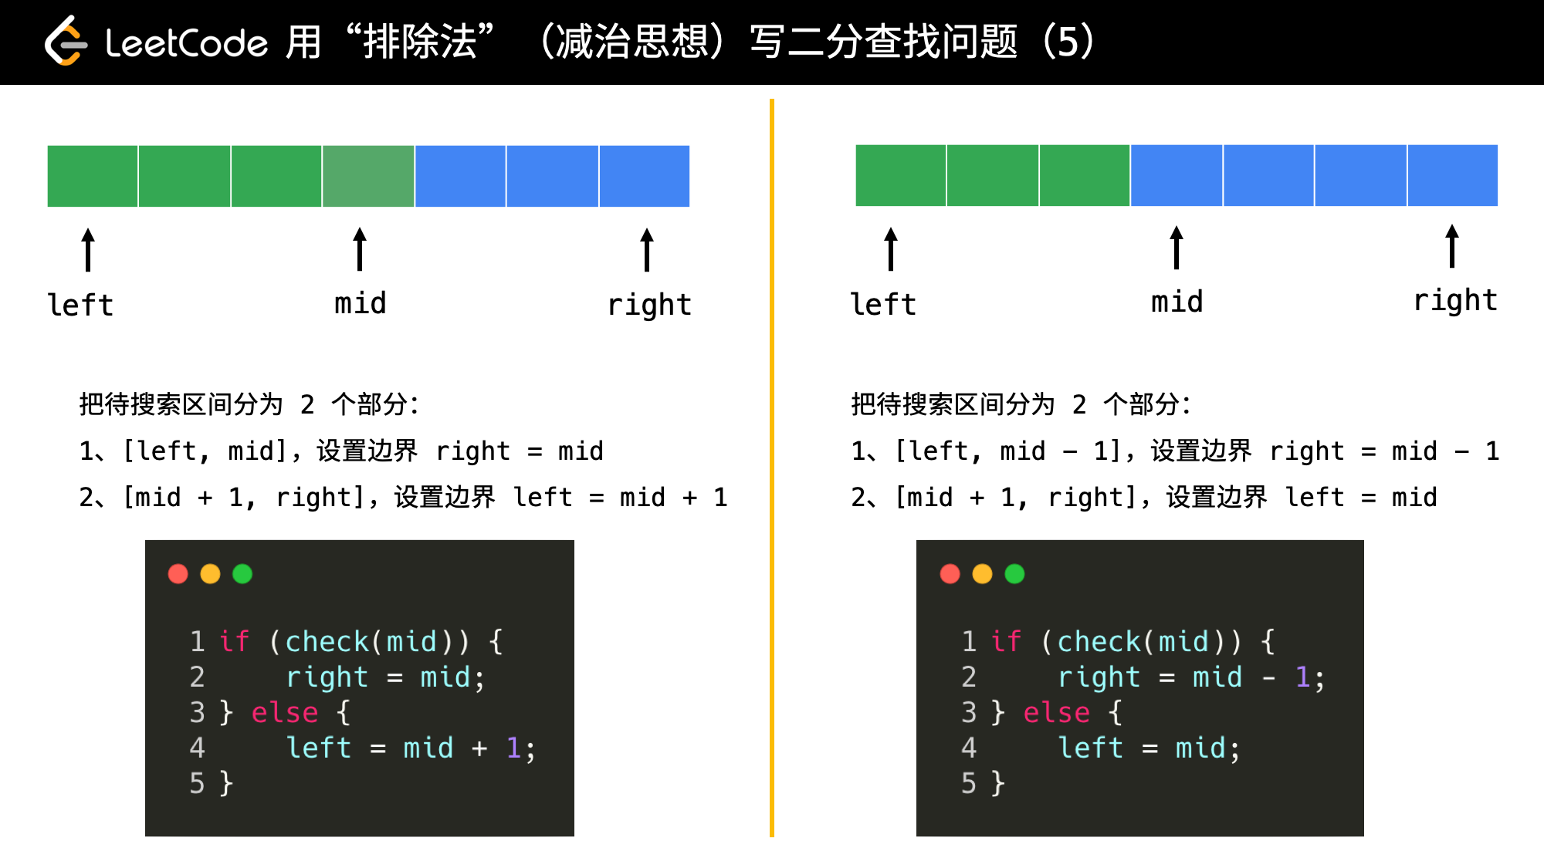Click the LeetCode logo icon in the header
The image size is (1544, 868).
[66, 41]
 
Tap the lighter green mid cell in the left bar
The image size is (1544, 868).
[368, 176]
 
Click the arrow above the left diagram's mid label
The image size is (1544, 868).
[360, 248]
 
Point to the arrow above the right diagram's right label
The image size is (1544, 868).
[1452, 246]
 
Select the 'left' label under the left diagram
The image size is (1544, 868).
[80, 305]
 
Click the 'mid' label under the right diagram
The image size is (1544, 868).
[1177, 302]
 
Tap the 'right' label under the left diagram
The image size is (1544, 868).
[649, 305]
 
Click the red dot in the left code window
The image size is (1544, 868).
[178, 574]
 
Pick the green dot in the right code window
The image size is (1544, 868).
[1014, 574]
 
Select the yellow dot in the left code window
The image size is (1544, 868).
[210, 574]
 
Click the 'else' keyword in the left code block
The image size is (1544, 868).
[285, 712]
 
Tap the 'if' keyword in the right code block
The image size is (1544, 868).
[1007, 641]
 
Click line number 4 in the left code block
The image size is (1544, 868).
[197, 748]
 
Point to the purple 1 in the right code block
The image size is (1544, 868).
[1302, 677]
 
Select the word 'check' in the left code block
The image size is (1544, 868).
[327, 641]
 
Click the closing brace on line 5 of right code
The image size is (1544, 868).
[998, 783]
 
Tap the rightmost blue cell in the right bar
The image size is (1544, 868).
[1453, 175]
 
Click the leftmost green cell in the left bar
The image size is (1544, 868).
[93, 176]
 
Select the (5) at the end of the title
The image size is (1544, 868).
[1068, 42]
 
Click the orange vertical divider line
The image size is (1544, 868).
[771, 468]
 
